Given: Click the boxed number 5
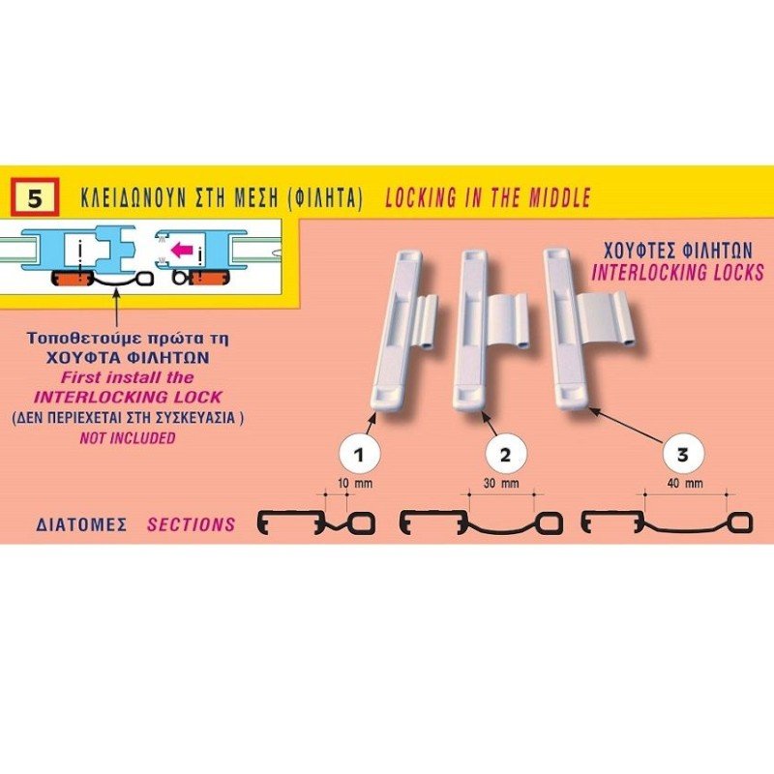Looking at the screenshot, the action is pos(35,198).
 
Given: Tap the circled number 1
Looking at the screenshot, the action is pos(359,454).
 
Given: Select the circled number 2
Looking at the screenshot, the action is pos(504,454).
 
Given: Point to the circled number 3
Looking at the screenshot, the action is pos(682,454).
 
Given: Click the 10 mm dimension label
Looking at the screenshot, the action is pos(355,483).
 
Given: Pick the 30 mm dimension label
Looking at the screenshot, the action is pos(501,483).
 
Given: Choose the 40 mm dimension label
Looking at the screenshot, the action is pos(685,483).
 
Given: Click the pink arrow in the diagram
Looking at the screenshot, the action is pos(181,250).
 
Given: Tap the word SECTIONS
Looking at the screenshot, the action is pos(191,524).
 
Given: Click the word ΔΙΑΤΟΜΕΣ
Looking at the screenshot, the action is pos(81,524).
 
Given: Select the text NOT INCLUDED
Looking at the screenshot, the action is pos(128,438).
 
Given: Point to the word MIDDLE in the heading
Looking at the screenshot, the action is pos(560,198).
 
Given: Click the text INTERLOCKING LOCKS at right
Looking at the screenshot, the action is pos(678,273).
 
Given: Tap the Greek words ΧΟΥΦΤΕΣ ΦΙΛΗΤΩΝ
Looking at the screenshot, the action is pos(678,251).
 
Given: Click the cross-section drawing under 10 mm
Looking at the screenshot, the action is pos(316,522).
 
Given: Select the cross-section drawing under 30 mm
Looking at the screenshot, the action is pos(481,522).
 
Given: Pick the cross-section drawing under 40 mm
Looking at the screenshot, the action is pos(667,522).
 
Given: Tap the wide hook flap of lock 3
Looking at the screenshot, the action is pos(606,318).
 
